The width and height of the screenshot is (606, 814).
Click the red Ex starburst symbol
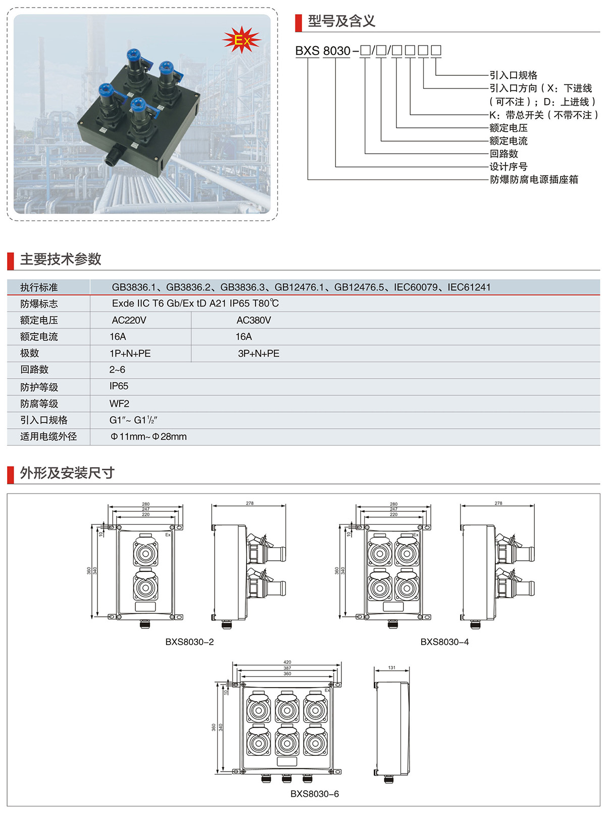pos(241,40)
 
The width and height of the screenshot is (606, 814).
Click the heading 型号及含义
pos(341,21)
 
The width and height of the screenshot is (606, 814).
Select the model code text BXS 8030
pos(323,51)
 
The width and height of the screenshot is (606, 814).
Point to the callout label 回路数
pos(503,154)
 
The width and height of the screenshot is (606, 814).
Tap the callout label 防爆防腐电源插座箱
pos(534,179)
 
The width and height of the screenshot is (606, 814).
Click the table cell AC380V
pos(254,320)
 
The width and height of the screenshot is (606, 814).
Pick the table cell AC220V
pos(129,320)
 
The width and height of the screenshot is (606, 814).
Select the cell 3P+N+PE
pos(259,353)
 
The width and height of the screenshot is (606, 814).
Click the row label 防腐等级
pos(39,403)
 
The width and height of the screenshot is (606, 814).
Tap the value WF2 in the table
pos(119,403)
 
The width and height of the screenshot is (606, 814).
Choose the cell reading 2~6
pos(117,370)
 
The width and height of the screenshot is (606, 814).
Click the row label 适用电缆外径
pos(48,436)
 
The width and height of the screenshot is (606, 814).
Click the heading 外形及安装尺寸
pos(67,473)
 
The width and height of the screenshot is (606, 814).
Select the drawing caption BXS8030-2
pos(189,642)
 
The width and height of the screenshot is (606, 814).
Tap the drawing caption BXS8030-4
pos(444,642)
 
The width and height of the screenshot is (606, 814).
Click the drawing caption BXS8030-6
pos(314,794)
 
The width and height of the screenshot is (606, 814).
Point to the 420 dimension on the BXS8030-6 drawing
pos(287,662)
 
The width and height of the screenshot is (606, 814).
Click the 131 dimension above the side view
pos(392,668)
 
